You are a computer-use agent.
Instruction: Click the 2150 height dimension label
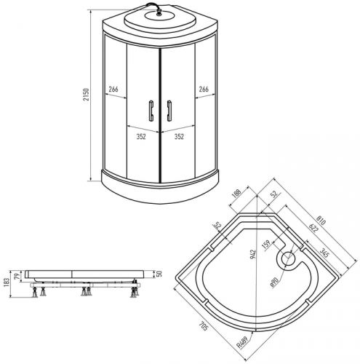87,95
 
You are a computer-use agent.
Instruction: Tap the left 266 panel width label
113,90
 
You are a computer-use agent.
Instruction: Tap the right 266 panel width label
204,90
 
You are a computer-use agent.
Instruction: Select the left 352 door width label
141,137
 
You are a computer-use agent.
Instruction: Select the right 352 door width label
179,137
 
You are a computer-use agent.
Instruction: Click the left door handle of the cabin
151,111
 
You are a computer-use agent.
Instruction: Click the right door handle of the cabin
169,111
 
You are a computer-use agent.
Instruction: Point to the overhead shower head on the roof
159,15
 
